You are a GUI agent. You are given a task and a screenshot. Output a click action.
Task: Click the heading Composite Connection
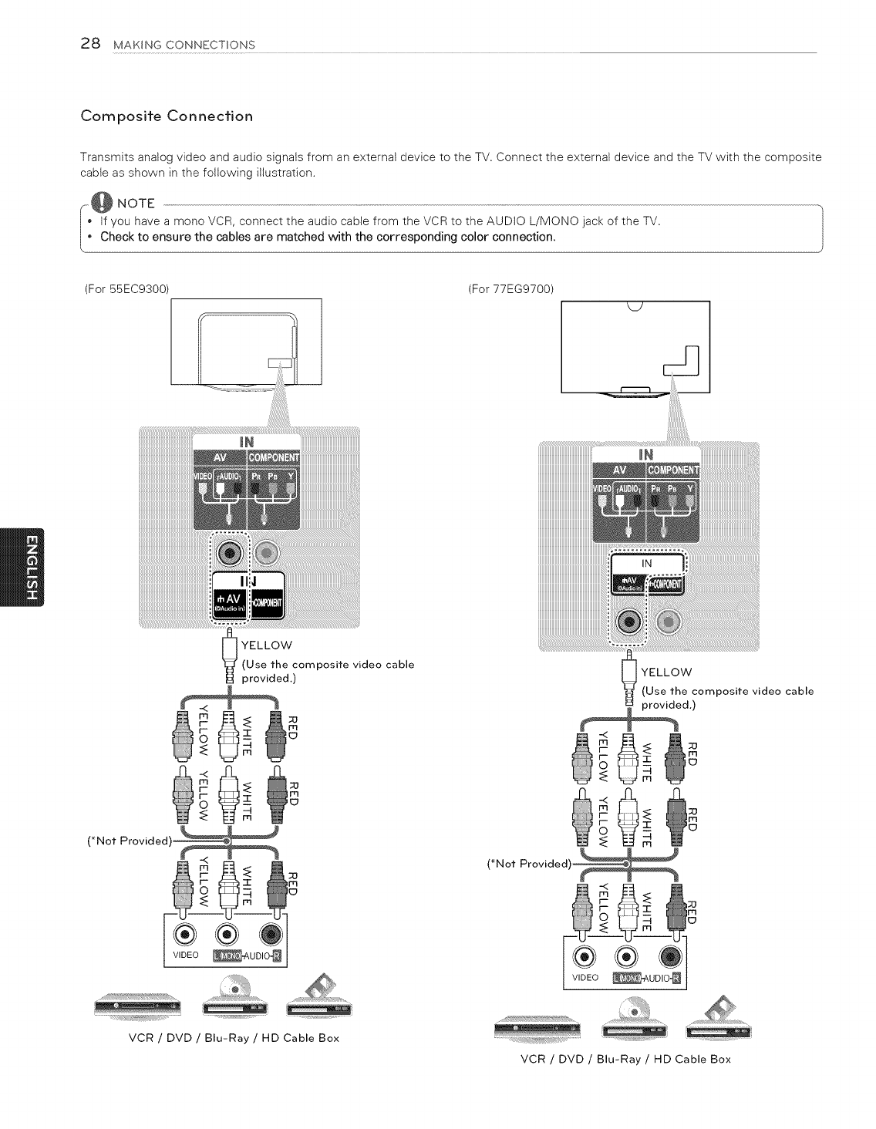(167, 116)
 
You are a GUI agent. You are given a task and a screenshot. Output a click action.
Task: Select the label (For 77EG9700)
(511, 288)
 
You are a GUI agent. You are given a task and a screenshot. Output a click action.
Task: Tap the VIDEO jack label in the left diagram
(185, 955)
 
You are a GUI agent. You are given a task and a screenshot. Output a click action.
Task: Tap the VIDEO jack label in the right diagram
(585, 978)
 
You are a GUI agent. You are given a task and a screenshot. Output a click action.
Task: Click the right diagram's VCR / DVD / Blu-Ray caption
(625, 1059)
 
